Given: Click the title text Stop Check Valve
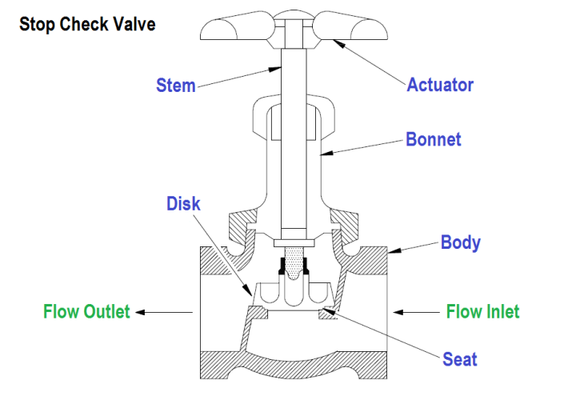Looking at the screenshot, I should pos(87,24).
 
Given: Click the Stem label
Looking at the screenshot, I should pos(175,85).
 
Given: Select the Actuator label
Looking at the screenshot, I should pos(440,84).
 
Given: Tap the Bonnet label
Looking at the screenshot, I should pos(434,139).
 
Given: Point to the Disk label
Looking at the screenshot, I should pos(183,203).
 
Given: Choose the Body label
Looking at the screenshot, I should pos(460,242).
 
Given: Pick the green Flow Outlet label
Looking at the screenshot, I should pos(86,311).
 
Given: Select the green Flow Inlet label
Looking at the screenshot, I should pos(482,311).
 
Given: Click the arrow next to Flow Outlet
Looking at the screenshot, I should pos(164,311).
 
